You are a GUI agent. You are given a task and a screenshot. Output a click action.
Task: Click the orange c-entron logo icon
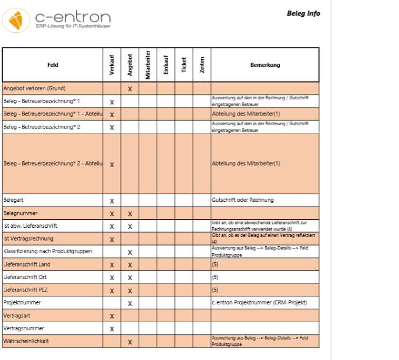click(16, 20)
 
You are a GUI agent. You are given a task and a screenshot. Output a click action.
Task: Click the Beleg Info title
click(303, 13)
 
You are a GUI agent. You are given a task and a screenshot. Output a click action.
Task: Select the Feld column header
click(52, 65)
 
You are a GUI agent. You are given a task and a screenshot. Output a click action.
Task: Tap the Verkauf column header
click(112, 65)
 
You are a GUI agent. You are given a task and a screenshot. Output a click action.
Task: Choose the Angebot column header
click(130, 65)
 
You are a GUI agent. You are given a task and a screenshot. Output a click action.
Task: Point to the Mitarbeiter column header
click(148, 65)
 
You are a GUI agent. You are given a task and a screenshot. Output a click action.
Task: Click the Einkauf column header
click(166, 65)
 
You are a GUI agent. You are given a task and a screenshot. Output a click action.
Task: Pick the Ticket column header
click(184, 65)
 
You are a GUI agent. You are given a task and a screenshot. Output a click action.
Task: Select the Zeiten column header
click(201, 65)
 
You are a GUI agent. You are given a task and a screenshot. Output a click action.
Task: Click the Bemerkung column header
click(265, 65)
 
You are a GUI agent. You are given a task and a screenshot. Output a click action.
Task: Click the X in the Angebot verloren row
click(130, 89)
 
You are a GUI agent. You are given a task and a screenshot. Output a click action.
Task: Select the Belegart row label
click(14, 200)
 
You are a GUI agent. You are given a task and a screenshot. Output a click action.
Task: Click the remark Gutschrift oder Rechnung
click(243, 200)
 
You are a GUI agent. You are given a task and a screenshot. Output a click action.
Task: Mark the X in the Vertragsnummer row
click(112, 329)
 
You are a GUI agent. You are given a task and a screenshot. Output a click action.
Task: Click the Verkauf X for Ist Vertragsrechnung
click(112, 239)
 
